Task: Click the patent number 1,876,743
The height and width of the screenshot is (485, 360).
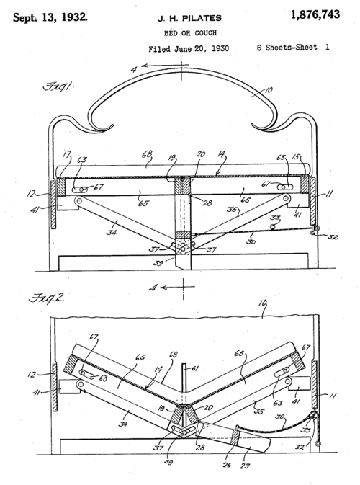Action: pos(315,14)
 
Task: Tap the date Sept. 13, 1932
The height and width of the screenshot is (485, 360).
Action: pos(50,17)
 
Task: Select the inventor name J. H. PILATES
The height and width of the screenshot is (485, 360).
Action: pos(190,19)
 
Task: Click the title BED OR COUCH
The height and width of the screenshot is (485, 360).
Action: pos(190,32)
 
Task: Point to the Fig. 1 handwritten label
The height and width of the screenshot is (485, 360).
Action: pos(56,86)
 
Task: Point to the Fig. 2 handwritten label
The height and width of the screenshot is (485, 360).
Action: pos(46,298)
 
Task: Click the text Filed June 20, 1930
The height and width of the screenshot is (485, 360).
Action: pos(189,49)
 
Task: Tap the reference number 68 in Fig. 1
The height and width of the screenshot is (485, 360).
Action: pos(146,155)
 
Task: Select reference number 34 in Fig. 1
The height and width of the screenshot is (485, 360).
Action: pos(112,231)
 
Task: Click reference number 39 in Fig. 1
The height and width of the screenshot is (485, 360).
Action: pos(160,264)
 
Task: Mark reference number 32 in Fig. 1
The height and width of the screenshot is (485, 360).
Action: pos(333,237)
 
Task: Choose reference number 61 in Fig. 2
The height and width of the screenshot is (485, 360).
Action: pos(194,368)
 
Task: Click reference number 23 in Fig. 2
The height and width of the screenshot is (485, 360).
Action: pos(244,466)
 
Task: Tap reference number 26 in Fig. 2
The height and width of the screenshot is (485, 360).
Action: pos(227,465)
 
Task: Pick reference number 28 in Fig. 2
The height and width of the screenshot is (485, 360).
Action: pos(200,447)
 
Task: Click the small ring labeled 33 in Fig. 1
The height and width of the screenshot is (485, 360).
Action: pos(273,227)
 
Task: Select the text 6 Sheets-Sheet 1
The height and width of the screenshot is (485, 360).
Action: pos(293,48)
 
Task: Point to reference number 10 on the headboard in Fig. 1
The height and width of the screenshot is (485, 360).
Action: pos(268,90)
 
